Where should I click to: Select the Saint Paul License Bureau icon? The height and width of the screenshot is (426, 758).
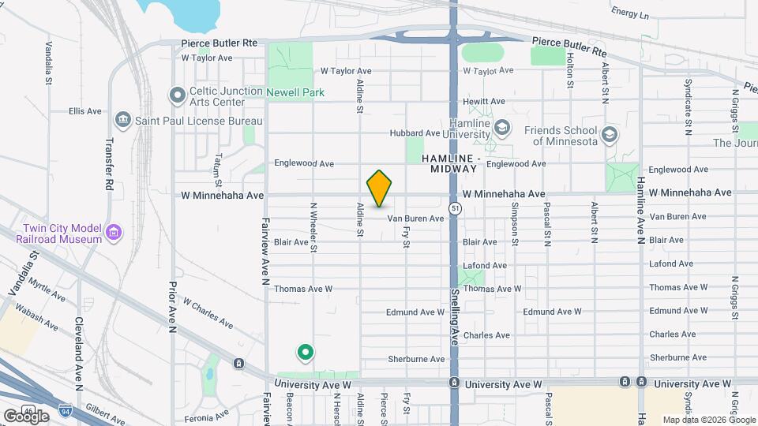click(x=122, y=120)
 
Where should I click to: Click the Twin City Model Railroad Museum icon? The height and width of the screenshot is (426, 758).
click(x=114, y=233)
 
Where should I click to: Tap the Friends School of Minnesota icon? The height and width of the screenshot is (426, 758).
click(x=609, y=135)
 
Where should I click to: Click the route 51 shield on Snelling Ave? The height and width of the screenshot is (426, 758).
click(x=456, y=207)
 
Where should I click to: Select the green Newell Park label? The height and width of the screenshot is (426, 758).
click(x=295, y=92)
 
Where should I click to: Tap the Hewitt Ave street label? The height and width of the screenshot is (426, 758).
click(x=484, y=101)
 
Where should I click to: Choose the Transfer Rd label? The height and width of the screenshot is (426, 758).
click(x=109, y=165)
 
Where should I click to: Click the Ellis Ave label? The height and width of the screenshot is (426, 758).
click(x=85, y=111)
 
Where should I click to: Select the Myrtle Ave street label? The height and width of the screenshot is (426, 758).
click(x=45, y=289)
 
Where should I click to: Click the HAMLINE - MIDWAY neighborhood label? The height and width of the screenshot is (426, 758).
click(x=449, y=163)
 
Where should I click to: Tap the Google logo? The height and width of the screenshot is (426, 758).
click(x=26, y=416)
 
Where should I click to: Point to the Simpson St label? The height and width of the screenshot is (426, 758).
click(x=514, y=223)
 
